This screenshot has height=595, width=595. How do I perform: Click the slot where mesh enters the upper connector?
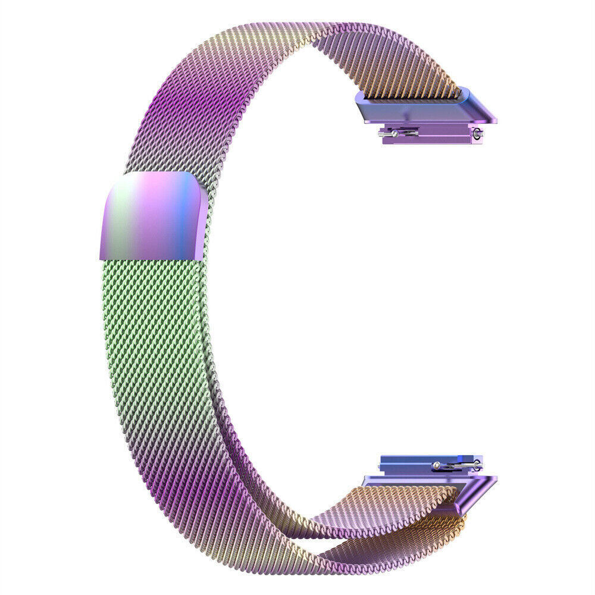(x=411, y=95)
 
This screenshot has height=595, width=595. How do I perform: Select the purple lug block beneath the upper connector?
(x=428, y=137)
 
